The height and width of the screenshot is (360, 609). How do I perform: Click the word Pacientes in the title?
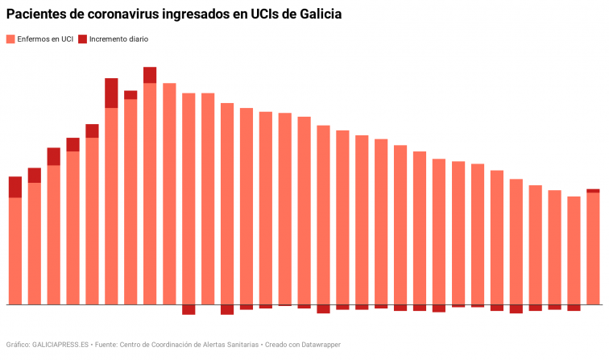click(36, 15)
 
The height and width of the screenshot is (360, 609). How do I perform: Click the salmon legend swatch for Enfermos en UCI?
click(10, 39)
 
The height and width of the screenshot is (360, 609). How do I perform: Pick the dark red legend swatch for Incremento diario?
click(82, 39)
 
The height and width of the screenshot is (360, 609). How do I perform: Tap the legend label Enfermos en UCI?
click(44, 39)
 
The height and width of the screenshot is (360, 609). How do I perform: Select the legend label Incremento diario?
click(118, 39)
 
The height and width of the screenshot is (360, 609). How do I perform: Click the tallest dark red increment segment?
click(111, 93)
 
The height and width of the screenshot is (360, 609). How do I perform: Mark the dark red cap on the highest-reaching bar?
click(150, 75)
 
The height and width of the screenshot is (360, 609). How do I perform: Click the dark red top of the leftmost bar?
click(14, 187)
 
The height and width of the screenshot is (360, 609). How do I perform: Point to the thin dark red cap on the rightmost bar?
click(593, 191)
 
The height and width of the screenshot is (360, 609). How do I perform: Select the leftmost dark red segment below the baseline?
click(188, 309)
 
